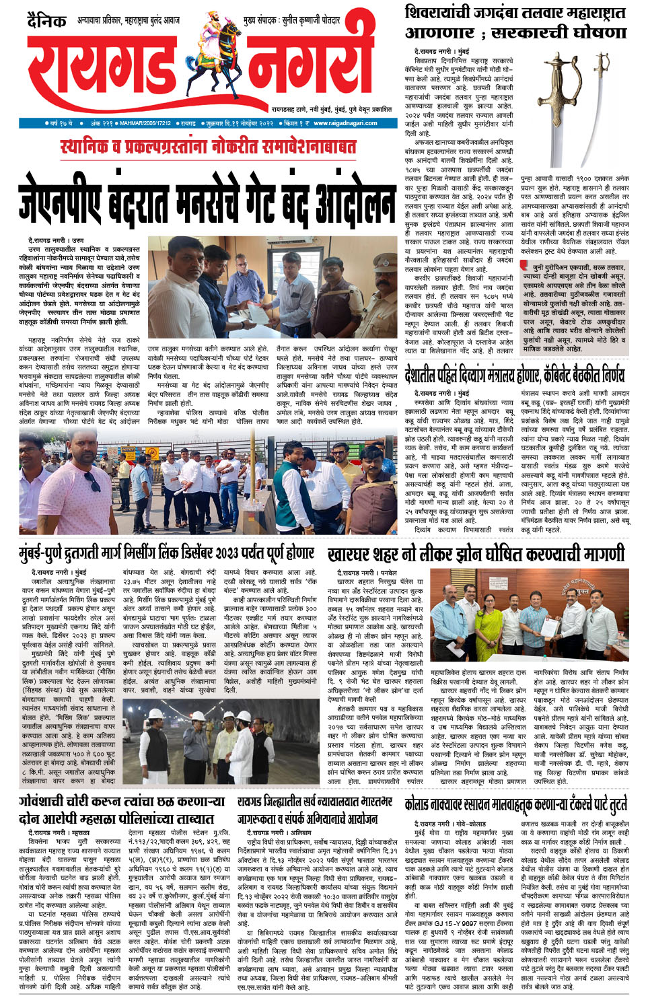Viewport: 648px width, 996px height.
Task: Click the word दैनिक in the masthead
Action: pyautogui.click(x=47, y=22)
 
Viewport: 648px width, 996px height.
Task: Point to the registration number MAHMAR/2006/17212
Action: pyautogui.click(x=145, y=123)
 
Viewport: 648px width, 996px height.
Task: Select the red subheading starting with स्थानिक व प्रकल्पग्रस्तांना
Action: pyautogui.click(x=208, y=146)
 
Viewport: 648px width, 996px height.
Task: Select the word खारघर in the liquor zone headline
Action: pyautogui.click(x=353, y=554)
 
